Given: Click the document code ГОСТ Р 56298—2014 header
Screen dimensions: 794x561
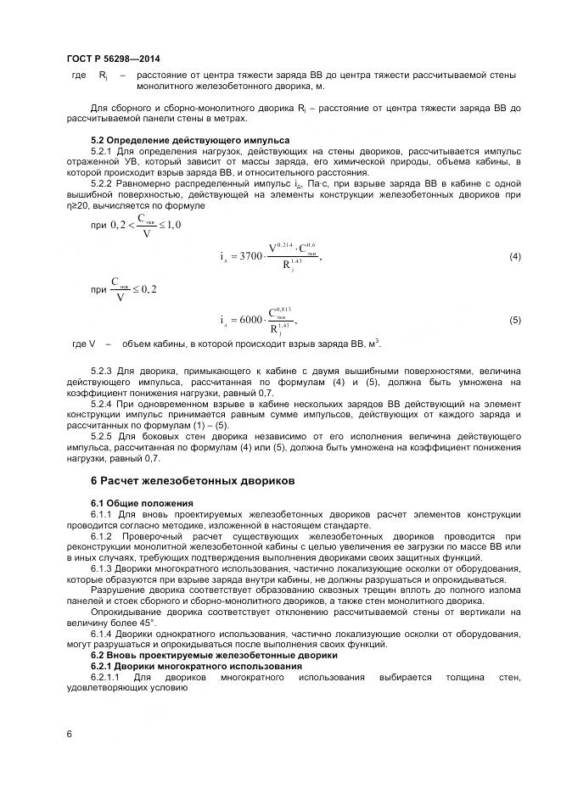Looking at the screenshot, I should [x=113, y=59].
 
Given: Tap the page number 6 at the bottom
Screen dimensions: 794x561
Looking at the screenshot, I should [x=69, y=732].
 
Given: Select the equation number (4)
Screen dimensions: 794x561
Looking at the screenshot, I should [x=514, y=256].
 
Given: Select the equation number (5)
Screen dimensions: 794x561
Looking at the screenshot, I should [x=514, y=320].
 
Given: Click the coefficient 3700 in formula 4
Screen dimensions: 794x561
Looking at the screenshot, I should [x=250, y=256].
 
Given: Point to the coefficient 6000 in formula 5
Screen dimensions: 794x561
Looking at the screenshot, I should [x=250, y=320].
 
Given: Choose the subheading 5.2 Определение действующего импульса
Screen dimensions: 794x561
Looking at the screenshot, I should [x=190, y=139].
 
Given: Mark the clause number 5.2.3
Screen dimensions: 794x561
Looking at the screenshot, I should [x=101, y=372].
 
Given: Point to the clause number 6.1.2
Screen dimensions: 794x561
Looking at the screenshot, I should [x=101, y=536].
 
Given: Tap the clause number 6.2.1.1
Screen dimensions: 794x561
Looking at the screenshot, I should [x=104, y=678].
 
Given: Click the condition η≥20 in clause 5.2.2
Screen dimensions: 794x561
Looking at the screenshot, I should [x=81, y=205].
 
